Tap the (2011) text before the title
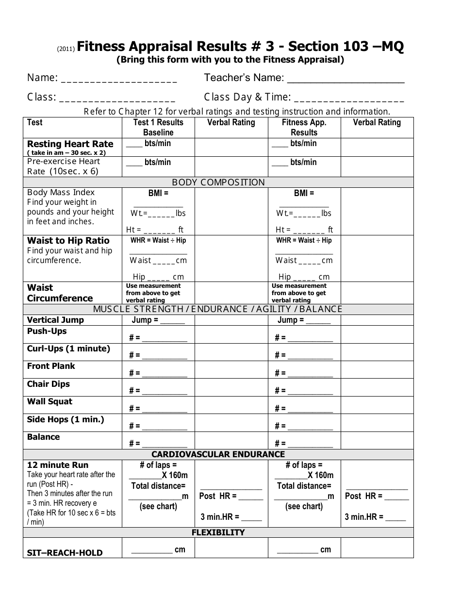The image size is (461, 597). coord(66,49)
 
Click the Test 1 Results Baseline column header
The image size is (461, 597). coord(158,127)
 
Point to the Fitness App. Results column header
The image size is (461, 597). coord(304,127)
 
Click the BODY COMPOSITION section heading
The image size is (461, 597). coord(218,182)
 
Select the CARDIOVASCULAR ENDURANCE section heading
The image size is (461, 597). coord(218,454)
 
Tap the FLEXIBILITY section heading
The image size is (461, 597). coord(218,532)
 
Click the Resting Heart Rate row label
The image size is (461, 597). coord(70,144)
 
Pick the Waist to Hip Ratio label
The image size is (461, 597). coord(68,241)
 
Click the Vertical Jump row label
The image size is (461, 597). coord(55,320)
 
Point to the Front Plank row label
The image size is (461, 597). coord(51,366)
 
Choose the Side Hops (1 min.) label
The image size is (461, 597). coord(66,419)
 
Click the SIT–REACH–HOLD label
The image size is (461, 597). coord(65,552)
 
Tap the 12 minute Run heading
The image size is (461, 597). coord(58,465)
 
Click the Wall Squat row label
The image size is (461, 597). coord(49,401)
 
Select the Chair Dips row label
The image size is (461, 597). coord(49,384)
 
